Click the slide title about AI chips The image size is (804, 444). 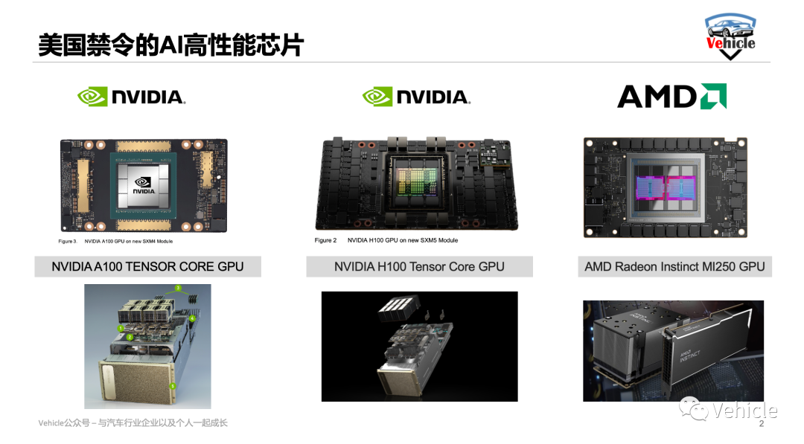click(170, 45)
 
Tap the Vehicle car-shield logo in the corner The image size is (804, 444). click(730, 36)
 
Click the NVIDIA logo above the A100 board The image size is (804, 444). click(132, 96)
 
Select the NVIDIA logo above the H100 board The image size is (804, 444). click(416, 96)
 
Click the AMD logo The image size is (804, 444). click(671, 96)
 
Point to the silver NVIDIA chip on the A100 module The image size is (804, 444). click(144, 185)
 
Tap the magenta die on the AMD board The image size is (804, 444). click(665, 188)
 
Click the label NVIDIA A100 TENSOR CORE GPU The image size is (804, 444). click(147, 267)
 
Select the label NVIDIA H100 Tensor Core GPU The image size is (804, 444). click(419, 267)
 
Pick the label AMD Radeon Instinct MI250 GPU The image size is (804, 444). click(674, 267)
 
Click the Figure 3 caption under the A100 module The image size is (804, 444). click(115, 241)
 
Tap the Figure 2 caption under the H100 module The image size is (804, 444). click(386, 240)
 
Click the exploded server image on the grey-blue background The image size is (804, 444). click(147, 346)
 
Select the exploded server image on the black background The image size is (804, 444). click(419, 347)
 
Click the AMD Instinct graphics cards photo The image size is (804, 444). click(673, 351)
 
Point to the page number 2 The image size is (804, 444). click(762, 423)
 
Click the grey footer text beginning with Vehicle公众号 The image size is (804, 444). click(133, 423)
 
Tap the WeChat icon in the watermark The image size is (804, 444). click(693, 408)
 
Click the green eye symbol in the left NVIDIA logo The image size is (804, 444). click(92, 97)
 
